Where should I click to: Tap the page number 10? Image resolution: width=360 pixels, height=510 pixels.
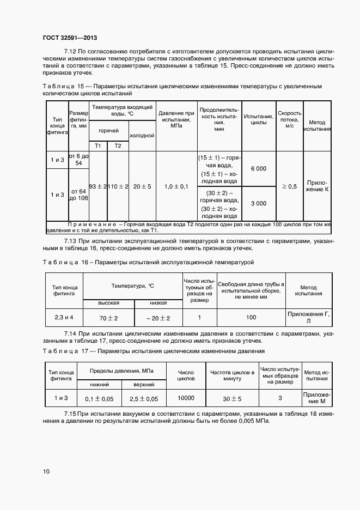pos(46,471)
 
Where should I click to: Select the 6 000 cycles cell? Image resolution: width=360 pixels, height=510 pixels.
pos(258,169)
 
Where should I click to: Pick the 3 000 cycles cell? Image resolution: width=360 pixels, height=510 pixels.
pos(258,203)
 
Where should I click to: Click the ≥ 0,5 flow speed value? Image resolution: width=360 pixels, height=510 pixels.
pos(289,186)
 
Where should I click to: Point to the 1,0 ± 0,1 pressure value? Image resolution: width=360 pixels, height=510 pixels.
pos(176,186)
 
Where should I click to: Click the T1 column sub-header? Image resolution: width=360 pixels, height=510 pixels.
pos(98,145)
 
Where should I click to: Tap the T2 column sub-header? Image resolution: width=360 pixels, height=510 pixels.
pos(117,145)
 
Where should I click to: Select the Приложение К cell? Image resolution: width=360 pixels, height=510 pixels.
pos(317,186)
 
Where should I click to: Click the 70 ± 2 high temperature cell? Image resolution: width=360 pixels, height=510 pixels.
pos(109,317)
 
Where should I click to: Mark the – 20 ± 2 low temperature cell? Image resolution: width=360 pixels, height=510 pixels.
pos(158,317)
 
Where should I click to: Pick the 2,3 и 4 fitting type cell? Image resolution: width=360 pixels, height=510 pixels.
pos(63,317)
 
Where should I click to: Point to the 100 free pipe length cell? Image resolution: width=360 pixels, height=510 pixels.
pos(251,317)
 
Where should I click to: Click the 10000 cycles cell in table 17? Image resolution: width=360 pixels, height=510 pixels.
pos(186,398)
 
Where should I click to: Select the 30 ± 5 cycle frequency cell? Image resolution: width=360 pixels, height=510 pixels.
pos(232,398)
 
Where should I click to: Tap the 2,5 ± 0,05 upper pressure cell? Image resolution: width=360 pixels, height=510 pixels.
pos(144,399)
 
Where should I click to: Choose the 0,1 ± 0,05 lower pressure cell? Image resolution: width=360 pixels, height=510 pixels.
pos(99,399)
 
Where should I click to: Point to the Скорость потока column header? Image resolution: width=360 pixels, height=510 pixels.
pos(289,119)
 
